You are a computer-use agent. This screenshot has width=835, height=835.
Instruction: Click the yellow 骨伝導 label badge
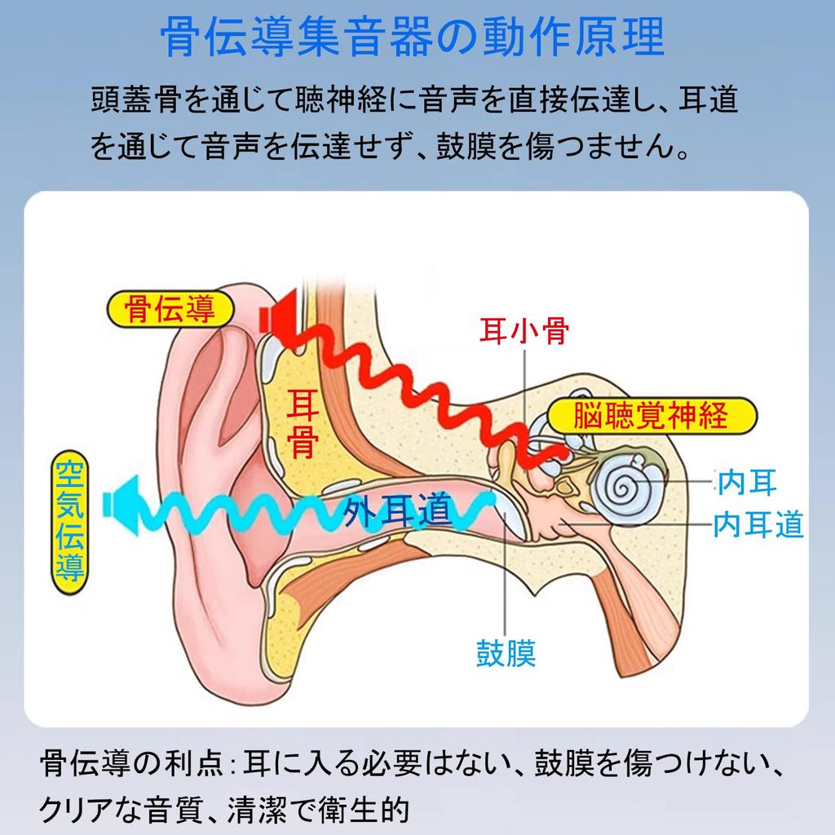click(170, 309)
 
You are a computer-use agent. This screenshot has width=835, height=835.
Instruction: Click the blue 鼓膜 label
click(506, 652)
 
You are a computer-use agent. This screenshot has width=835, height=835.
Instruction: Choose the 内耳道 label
click(758, 524)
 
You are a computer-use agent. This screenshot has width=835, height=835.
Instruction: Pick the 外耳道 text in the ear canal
click(397, 510)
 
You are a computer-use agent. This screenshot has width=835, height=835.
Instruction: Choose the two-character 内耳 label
click(747, 483)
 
